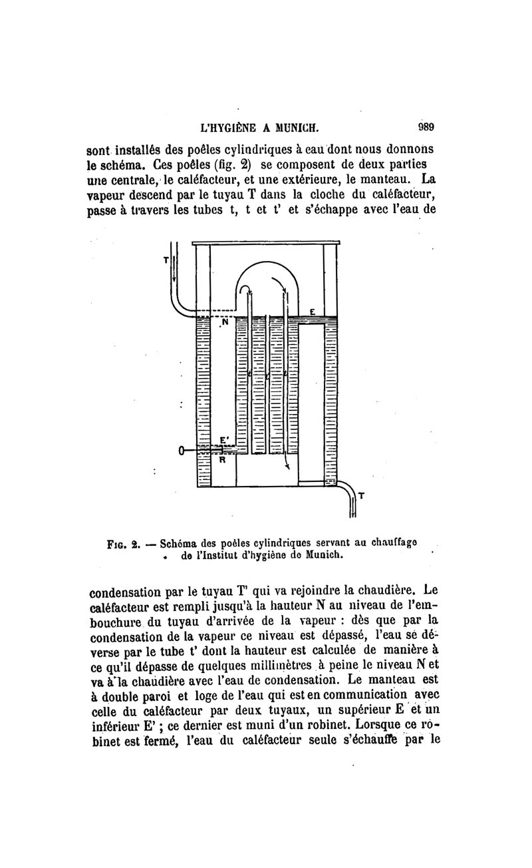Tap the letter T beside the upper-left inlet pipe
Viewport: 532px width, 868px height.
pyautogui.click(x=166, y=260)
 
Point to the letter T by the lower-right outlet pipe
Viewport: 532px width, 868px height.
pyautogui.click(x=361, y=495)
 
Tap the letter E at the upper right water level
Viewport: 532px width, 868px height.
pyautogui.click(x=311, y=312)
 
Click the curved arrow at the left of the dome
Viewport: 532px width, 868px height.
pyautogui.click(x=245, y=291)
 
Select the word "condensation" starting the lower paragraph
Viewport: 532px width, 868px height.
pyautogui.click(x=136, y=590)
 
